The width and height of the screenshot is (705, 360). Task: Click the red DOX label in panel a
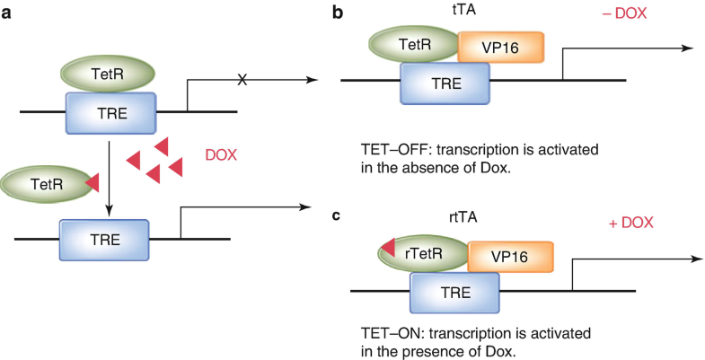221,154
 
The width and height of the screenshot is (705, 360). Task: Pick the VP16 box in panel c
509,257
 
